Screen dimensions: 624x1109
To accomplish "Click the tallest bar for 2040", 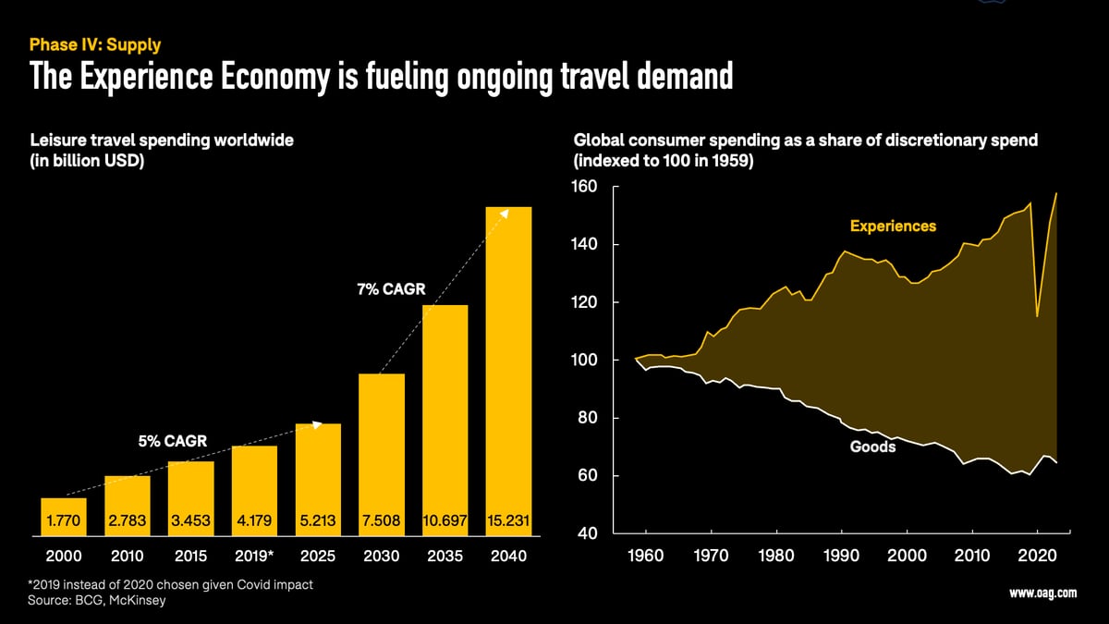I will [x=508, y=370].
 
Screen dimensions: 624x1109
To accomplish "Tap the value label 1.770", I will [x=64, y=522].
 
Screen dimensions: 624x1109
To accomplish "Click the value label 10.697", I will [x=445, y=522].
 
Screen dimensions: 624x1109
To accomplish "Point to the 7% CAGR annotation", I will [x=391, y=289].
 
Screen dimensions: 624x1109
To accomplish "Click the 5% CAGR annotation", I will [x=174, y=441].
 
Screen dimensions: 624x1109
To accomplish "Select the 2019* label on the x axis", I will [x=254, y=557].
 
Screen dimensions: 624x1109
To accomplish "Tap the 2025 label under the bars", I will [x=318, y=557].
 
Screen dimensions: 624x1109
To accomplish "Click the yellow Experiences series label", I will [x=893, y=226].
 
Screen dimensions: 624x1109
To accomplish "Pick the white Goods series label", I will [x=872, y=447].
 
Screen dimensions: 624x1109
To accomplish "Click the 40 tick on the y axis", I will [x=589, y=534].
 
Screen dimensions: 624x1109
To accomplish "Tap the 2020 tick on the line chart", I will [x=1038, y=557].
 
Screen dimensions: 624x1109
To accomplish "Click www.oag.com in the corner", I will [x=1042, y=594].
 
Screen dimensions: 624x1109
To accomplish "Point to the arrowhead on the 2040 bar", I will [x=505, y=212].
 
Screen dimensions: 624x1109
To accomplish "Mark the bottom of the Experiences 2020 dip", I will [x=1038, y=316].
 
